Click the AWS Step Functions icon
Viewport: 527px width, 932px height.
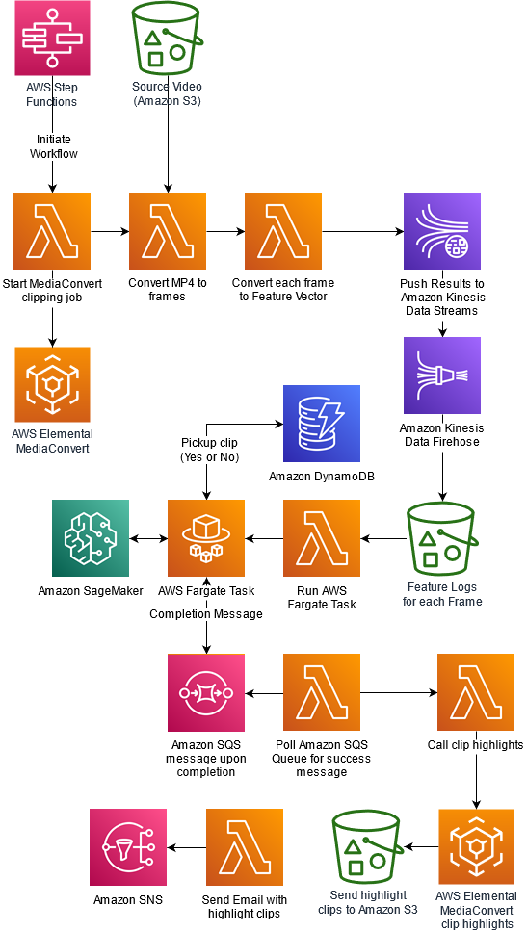(x=52, y=39)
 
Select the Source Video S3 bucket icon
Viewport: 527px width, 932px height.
(x=168, y=39)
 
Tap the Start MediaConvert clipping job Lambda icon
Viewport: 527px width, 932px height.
(x=52, y=231)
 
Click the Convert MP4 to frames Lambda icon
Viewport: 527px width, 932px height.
(x=168, y=231)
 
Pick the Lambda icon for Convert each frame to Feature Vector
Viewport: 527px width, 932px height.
(x=283, y=231)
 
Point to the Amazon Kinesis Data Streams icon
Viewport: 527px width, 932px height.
(x=442, y=231)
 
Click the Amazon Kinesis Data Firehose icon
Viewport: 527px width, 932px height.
(x=442, y=375)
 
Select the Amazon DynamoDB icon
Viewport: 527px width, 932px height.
(x=322, y=424)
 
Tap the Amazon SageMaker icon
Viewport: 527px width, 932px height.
(x=91, y=538)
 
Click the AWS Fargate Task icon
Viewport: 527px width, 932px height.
(x=206, y=538)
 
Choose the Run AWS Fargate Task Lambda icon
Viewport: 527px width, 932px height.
(x=322, y=538)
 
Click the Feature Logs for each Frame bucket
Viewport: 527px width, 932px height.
(x=442, y=538)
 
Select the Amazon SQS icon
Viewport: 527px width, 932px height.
(x=206, y=692)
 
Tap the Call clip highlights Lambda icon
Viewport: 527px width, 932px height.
(x=476, y=692)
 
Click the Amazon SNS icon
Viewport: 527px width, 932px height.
(x=128, y=846)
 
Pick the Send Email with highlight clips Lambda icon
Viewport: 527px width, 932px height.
(x=245, y=846)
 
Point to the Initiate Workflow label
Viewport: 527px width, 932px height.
(x=54, y=146)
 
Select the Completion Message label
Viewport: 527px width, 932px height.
(x=206, y=614)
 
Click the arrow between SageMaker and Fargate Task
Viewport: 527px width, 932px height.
(x=148, y=538)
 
